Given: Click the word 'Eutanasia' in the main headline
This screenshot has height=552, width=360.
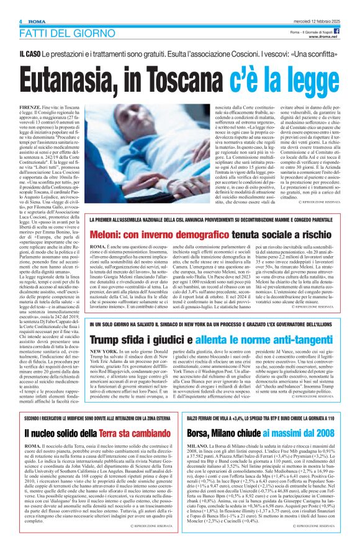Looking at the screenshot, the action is [78, 79].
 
